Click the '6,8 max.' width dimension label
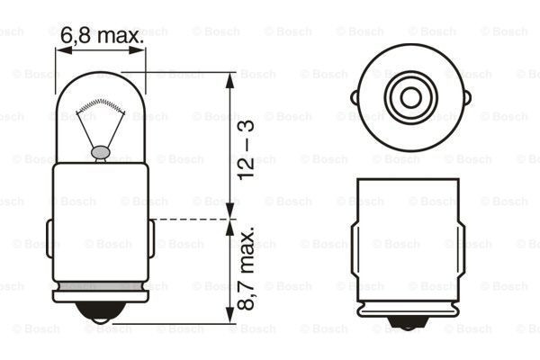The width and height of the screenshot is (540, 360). (x=102, y=35)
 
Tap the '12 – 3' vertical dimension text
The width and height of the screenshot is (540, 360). (x=246, y=149)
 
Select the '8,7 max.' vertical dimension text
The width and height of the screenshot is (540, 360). (x=246, y=268)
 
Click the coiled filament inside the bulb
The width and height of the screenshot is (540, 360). (x=100, y=105)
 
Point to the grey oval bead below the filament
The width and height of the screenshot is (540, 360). (x=101, y=152)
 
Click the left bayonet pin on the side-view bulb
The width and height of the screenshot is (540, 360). (x=49, y=238)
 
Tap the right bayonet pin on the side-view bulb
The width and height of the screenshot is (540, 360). (x=151, y=238)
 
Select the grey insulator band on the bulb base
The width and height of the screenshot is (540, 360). (x=101, y=286)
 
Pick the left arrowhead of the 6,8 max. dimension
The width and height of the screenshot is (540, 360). (x=64, y=50)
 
